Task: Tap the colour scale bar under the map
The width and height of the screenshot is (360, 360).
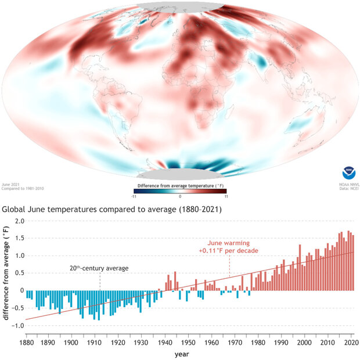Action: coord(179,190)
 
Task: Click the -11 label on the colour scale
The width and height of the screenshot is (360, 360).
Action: coord(134,197)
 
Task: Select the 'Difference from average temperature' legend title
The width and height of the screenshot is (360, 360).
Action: coord(179,184)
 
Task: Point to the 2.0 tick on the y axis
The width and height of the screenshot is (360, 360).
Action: coord(19,221)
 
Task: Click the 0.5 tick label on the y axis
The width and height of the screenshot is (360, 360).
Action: coord(19,273)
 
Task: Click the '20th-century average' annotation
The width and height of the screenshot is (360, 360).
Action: coord(99,268)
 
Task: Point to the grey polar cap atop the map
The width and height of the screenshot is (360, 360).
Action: coord(179,6)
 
